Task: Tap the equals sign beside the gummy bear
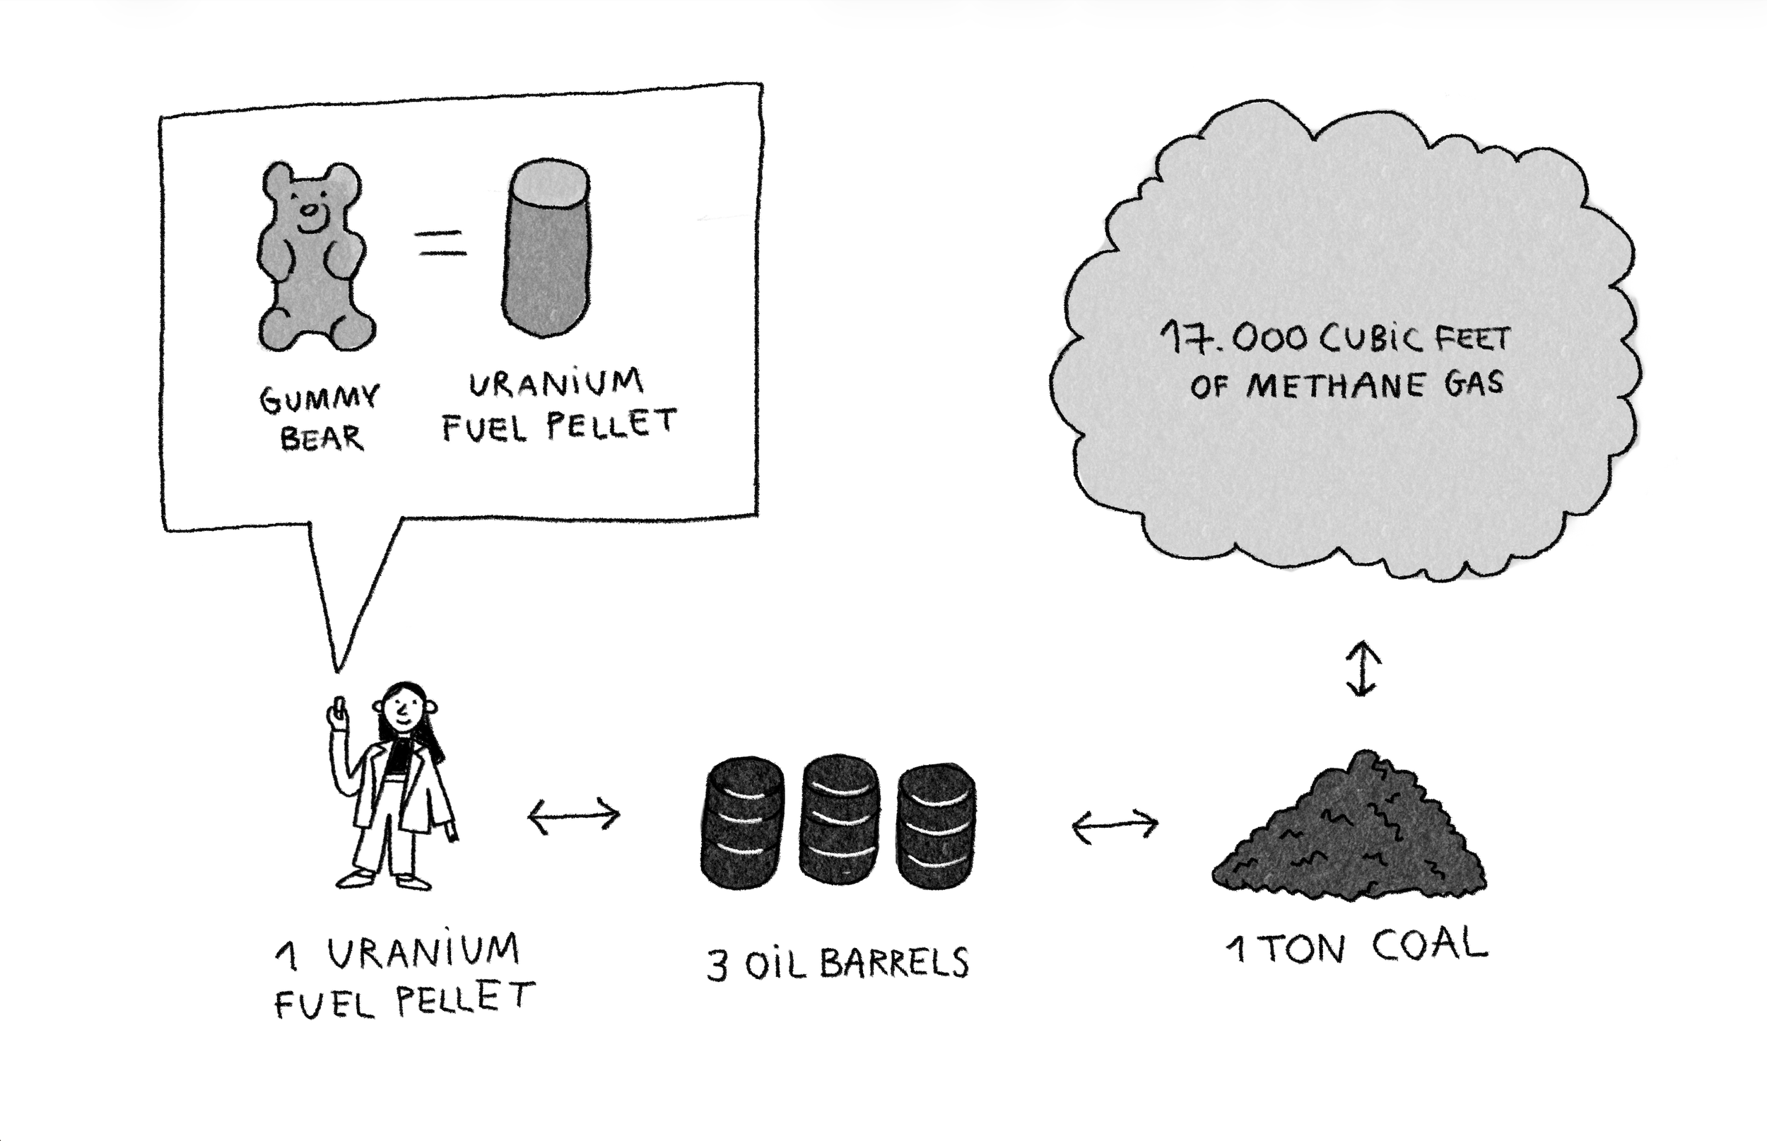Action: pos(441,244)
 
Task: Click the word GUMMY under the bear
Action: pos(319,399)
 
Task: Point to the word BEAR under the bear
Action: pos(322,438)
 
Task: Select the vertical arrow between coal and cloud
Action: pos(1362,669)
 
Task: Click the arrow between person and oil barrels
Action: pos(574,817)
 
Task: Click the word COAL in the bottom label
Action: pos(1428,946)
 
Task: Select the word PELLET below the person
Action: pos(465,999)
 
